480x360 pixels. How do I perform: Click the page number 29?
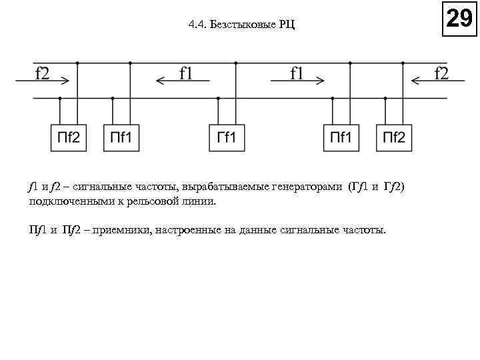(459, 18)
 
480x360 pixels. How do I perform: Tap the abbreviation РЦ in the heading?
(286, 25)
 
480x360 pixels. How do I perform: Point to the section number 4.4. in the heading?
(197, 25)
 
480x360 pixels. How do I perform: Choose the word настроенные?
(187, 231)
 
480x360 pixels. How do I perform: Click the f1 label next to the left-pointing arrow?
(185, 73)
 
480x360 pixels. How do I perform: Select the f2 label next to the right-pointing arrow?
(41, 73)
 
